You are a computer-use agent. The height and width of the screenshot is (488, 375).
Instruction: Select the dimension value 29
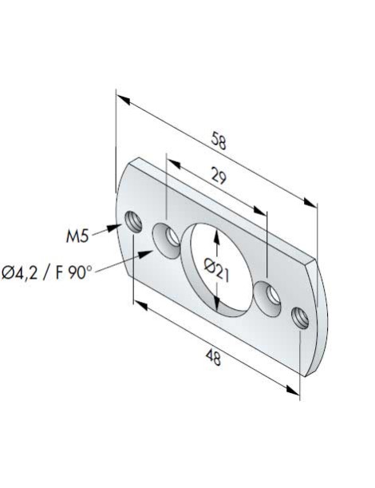coord(215,177)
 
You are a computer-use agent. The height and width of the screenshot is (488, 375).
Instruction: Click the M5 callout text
coord(78,236)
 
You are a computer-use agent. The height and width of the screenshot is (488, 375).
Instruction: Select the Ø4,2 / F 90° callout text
coord(47,272)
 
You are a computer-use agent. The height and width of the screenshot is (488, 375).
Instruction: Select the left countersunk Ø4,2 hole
coord(167,237)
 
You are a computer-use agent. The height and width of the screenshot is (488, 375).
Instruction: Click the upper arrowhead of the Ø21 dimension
coord(217,234)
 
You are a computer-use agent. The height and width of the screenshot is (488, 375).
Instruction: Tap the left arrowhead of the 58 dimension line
coord(121,97)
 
